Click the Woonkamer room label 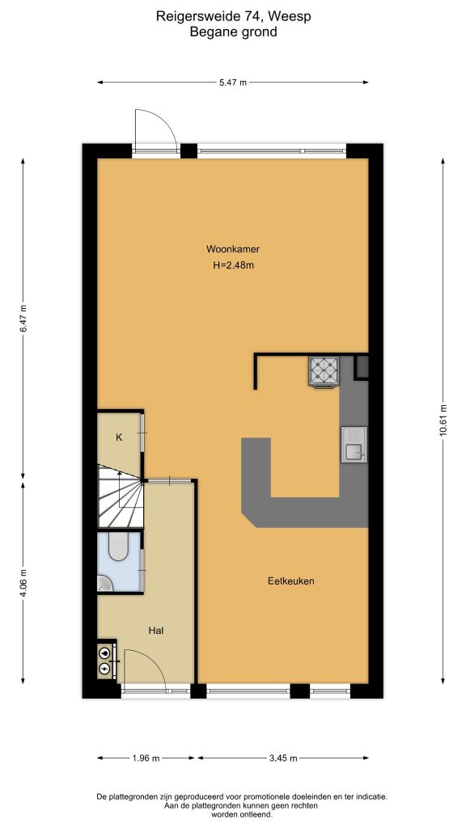[232, 249]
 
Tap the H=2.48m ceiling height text [232, 265]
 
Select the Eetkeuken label [291, 581]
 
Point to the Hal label [155, 630]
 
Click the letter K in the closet [120, 437]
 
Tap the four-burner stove [324, 372]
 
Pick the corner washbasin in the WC [104, 583]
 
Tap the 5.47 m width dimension [233, 82]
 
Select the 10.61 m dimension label [443, 420]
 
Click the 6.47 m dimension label [23, 319]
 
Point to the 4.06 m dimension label [23, 581]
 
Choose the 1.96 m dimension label [146, 758]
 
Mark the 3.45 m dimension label [283, 758]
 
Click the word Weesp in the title [293, 17]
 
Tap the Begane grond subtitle [233, 32]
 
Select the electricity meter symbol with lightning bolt [104, 667]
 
